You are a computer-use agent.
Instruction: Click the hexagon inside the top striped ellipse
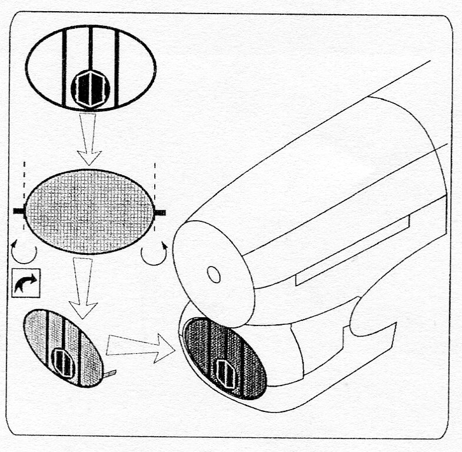tap(90, 89)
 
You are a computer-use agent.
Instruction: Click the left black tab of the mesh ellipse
tap(19, 210)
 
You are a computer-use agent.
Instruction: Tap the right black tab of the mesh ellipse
tap(159, 212)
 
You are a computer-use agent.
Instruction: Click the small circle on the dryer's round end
tap(214, 274)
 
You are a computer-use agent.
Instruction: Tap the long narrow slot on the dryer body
tap(353, 250)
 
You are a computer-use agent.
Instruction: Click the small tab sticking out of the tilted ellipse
tap(109, 373)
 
